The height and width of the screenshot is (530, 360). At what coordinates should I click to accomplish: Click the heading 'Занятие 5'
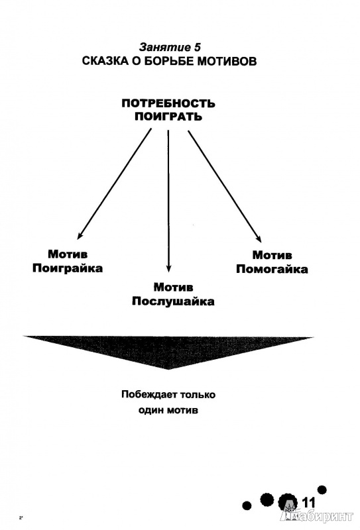(170, 46)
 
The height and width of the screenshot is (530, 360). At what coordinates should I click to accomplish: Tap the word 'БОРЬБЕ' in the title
(171, 61)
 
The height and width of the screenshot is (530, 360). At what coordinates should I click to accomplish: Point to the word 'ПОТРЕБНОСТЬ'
(168, 103)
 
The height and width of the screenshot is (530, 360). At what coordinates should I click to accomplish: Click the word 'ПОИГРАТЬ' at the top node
(168, 117)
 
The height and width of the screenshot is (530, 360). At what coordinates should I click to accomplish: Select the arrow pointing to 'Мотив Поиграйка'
(114, 184)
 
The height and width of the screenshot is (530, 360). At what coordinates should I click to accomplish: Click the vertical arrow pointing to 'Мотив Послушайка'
(168, 201)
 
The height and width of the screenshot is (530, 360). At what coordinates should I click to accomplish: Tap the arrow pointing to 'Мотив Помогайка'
(225, 187)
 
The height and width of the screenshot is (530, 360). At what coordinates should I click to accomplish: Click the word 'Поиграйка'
(68, 268)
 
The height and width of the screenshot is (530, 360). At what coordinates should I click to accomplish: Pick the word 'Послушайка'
(173, 301)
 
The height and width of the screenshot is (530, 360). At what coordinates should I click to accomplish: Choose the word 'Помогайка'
(272, 269)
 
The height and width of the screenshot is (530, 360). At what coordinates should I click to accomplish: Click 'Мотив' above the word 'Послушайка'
(173, 288)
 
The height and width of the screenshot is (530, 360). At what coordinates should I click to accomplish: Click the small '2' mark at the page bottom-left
(21, 517)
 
